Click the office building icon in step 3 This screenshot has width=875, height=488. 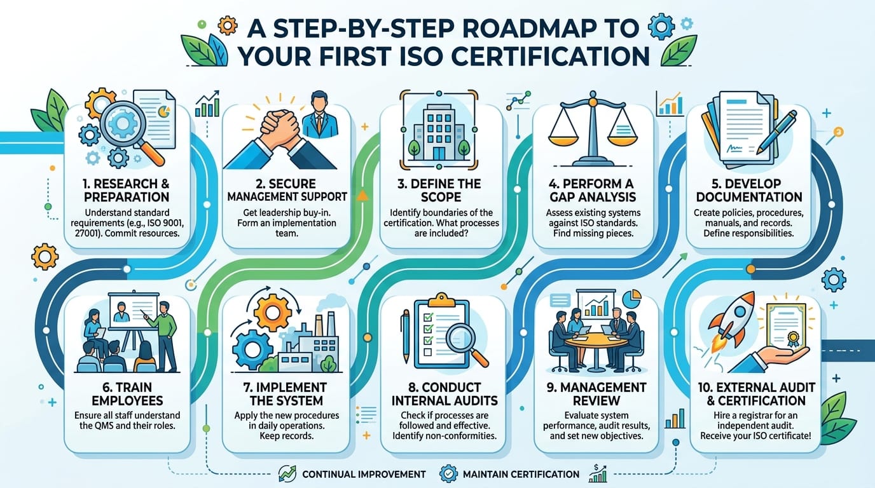[439, 132]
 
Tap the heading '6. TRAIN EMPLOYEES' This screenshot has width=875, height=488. [127, 394]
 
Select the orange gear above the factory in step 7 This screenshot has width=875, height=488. [273, 313]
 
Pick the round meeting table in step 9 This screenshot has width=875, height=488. [596, 342]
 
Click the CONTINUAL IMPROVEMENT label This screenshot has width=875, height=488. [364, 474]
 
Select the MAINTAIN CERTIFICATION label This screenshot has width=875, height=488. [521, 474]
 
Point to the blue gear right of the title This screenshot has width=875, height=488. [661, 26]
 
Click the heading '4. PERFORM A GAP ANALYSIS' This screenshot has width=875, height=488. [593, 190]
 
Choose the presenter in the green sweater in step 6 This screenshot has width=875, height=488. [164, 335]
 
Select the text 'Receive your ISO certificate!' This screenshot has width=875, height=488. [755, 436]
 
